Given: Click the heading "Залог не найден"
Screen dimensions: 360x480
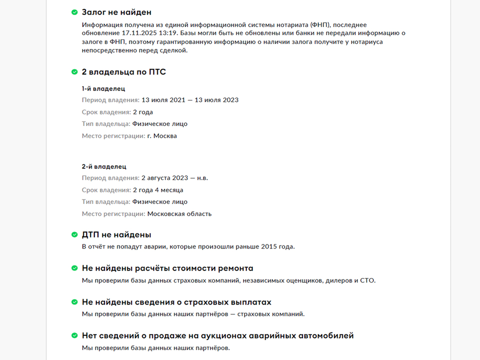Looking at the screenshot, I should coord(116,12).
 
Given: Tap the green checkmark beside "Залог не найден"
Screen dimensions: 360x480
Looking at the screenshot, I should coord(74,12).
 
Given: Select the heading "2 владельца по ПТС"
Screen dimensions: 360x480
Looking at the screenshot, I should coord(123,72).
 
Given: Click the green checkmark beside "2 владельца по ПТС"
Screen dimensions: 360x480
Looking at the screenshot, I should coord(74,72).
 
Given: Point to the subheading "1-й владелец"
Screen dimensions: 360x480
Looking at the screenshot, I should coord(103,88).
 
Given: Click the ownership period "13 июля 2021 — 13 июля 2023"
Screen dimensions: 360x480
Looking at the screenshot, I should coord(190,100).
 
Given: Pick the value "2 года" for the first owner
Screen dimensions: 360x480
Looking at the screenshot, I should coord(143,112).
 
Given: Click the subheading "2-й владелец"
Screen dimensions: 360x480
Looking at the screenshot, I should coord(104,166).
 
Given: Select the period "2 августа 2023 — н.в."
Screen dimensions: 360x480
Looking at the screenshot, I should coord(174,178).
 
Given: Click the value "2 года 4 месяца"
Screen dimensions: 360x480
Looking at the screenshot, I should coord(158,190).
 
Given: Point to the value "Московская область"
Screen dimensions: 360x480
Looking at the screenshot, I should coord(179,214).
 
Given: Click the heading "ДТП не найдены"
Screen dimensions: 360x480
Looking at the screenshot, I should coord(116,234).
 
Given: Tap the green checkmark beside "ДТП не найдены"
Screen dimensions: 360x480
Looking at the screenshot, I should coord(74,234).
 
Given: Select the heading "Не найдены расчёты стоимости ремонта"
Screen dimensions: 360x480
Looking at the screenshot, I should coord(167,268).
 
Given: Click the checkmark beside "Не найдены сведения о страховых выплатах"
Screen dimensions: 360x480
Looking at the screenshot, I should coord(74,302).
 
